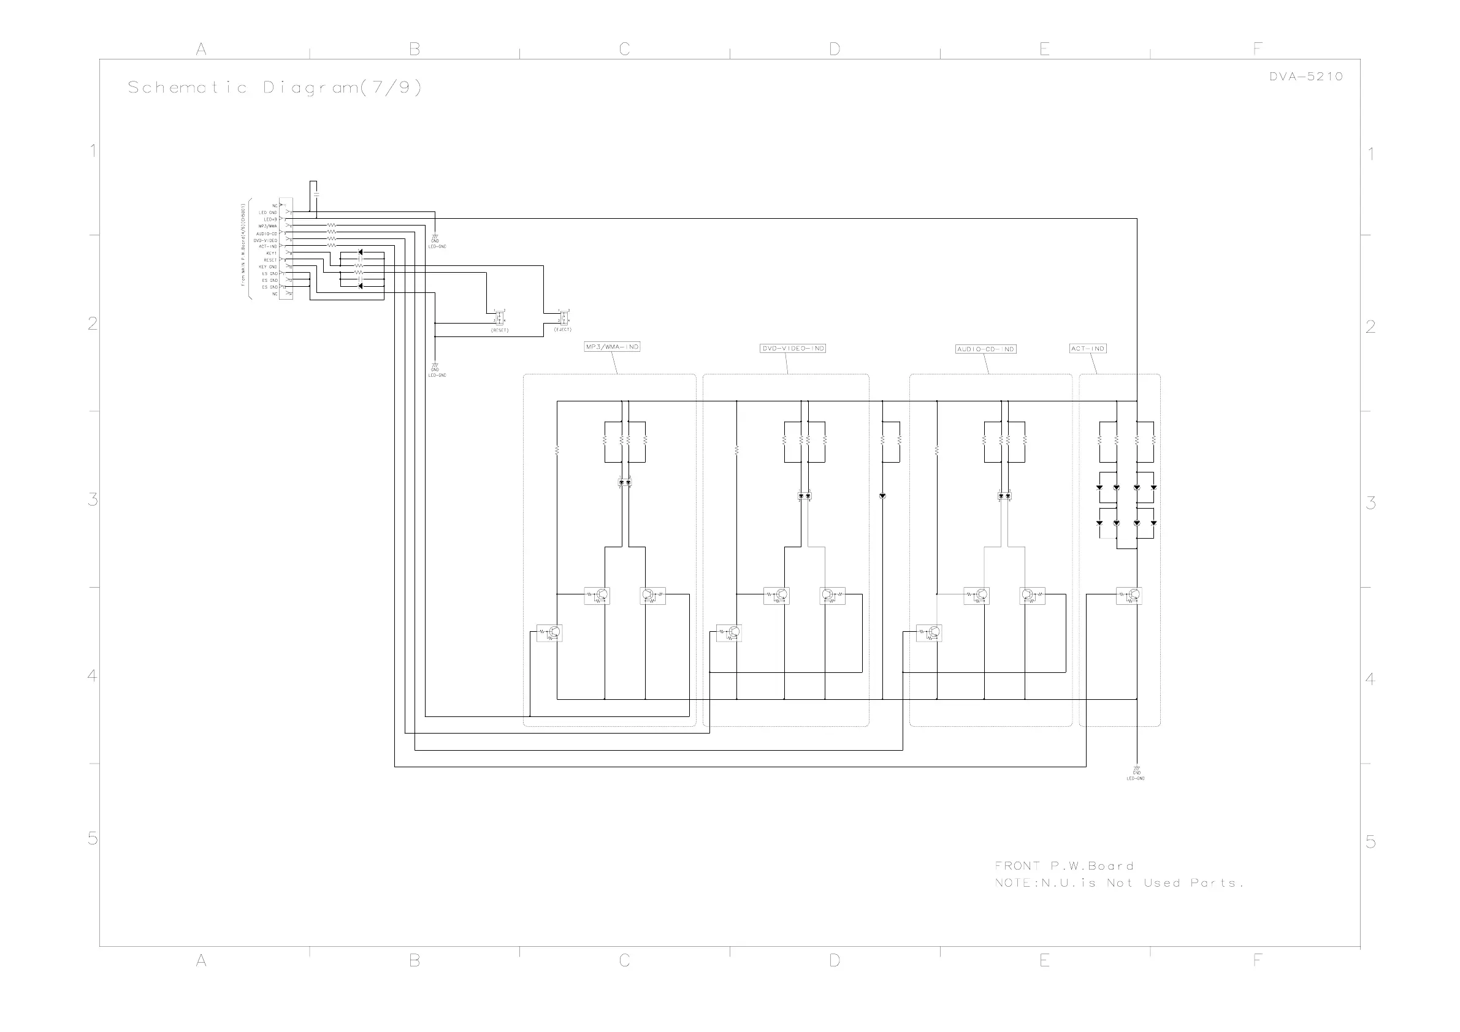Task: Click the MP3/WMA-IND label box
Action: click(x=612, y=347)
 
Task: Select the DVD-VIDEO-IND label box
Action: click(x=793, y=348)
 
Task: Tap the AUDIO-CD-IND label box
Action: click(x=985, y=349)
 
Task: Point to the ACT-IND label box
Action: click(x=1088, y=348)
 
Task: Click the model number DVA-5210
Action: click(x=1306, y=76)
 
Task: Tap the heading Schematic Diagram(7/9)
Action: click(x=275, y=87)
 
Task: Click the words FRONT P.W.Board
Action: click(x=1064, y=865)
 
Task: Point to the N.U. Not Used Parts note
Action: click(x=1119, y=882)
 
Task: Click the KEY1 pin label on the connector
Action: click(x=271, y=253)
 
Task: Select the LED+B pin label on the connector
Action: click(x=270, y=219)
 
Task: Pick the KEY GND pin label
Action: click(x=268, y=267)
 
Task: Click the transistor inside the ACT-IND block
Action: click(x=1129, y=596)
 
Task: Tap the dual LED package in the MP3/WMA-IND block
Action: click(x=625, y=483)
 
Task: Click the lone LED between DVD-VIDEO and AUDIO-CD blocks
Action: click(x=882, y=496)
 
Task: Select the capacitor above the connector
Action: click(x=316, y=192)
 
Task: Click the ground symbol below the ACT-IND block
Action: click(x=1136, y=771)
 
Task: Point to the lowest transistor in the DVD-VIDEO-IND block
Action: click(x=729, y=632)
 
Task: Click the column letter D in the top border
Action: click(x=835, y=49)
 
